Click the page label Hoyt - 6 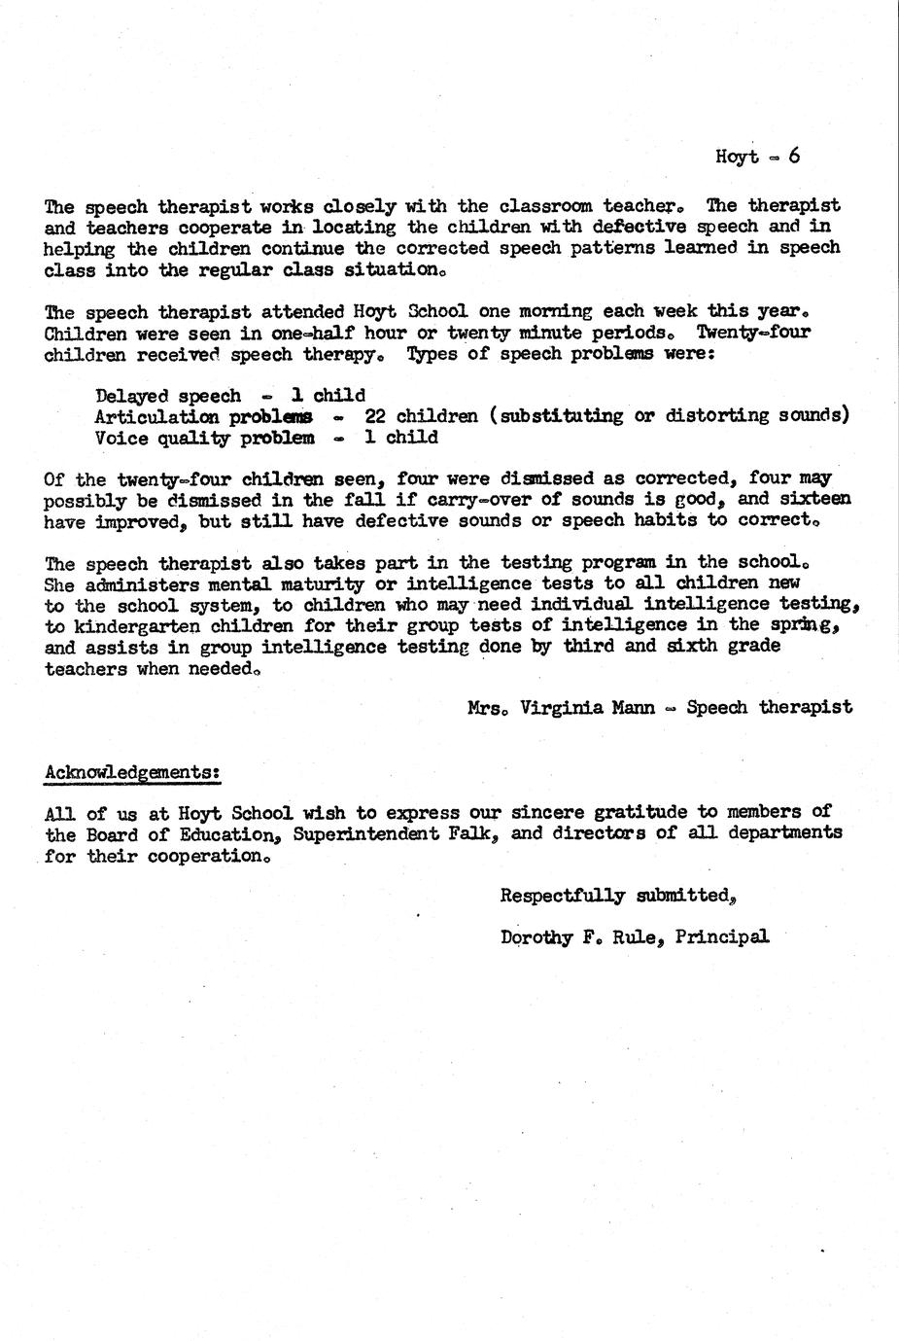(757, 157)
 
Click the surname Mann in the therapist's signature (633, 707)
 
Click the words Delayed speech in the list (168, 396)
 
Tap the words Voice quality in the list (162, 438)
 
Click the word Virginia (563, 707)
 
